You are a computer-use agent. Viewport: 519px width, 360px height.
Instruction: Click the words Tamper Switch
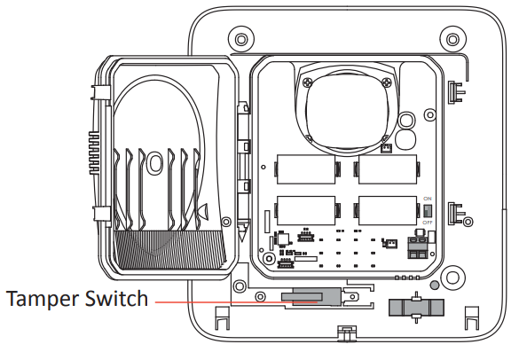coord(77,299)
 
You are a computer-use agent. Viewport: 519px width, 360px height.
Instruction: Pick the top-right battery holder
coord(387,168)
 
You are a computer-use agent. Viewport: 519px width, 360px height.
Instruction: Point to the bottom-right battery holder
coord(387,209)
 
